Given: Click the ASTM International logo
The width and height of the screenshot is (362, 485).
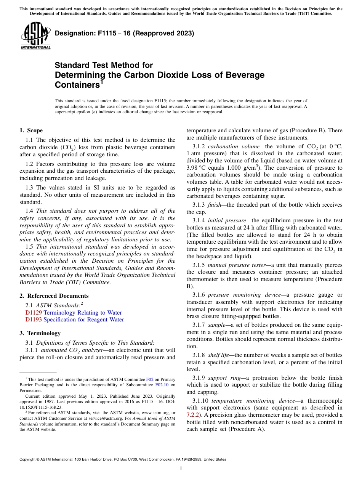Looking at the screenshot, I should [x=35, y=36].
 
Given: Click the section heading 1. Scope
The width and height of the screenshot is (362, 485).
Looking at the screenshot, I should [x=31, y=130].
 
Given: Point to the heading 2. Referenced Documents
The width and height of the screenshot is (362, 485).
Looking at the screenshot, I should [x=54, y=296].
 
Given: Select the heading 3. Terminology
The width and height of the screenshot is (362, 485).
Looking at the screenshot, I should [x=40, y=333].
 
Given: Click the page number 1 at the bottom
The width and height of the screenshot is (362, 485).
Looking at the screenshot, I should [x=181, y=469].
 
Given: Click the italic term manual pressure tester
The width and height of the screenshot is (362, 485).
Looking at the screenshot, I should [x=238, y=265].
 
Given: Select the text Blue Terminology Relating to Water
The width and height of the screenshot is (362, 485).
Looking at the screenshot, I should [x=83, y=313].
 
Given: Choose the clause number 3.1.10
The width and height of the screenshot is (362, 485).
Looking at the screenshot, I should [x=200, y=401].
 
